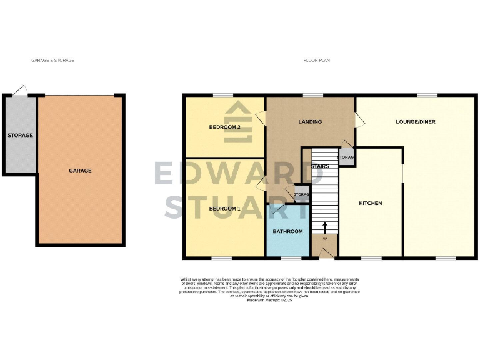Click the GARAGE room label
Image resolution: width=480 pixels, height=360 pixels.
click(x=80, y=171)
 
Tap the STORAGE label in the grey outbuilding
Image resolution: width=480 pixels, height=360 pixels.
click(x=20, y=135)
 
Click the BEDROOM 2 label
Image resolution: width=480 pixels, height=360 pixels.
click(x=224, y=127)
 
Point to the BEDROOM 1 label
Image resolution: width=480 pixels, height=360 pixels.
click(x=224, y=208)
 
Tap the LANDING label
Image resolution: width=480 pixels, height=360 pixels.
click(x=310, y=122)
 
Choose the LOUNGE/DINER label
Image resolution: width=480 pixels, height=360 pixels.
click(x=416, y=122)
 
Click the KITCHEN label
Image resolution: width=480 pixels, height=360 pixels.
click(x=370, y=204)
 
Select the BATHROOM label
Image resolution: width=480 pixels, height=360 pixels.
click(x=287, y=232)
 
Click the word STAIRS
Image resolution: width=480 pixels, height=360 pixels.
click(x=319, y=167)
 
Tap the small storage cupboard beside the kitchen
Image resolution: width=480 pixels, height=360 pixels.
click(x=347, y=157)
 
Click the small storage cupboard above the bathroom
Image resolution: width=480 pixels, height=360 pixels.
click(x=301, y=194)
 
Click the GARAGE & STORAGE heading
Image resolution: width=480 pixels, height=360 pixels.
click(x=53, y=61)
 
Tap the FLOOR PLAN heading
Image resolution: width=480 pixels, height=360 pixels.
click(x=316, y=61)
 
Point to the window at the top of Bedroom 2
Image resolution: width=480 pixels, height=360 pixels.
click(x=222, y=95)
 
